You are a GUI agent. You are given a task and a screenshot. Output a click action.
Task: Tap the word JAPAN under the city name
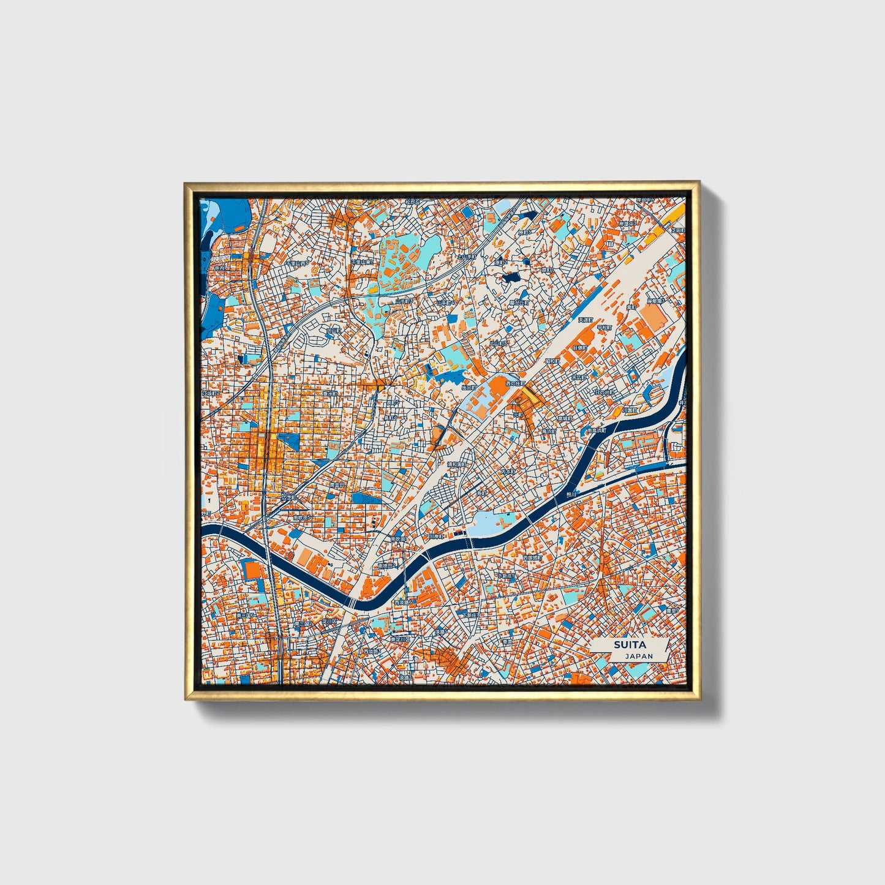[639, 656]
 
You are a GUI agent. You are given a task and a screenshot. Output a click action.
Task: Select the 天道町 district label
[587, 320]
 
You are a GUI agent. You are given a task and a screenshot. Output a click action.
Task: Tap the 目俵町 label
[579, 347]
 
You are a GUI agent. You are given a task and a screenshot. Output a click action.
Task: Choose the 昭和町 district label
[552, 361]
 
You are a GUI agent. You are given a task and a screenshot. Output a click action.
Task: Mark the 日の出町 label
[606, 392]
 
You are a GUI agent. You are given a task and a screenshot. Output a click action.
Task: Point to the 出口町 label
[469, 387]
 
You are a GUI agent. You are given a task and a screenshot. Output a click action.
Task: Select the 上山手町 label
[467, 257]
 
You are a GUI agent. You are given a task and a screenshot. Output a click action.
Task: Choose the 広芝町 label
[288, 497]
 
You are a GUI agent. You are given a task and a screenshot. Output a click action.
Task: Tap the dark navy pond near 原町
[510, 277]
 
